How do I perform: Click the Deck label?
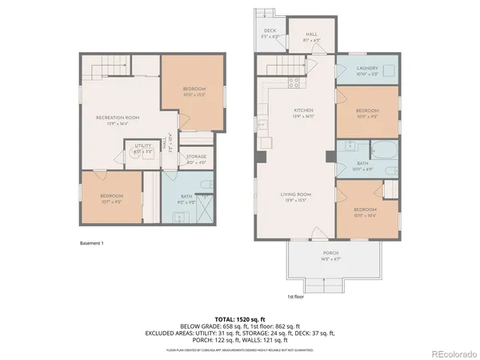(270, 31)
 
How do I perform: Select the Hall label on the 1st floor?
(311, 34)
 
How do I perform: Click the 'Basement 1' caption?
(92, 242)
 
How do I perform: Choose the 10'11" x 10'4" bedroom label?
(367, 210)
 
